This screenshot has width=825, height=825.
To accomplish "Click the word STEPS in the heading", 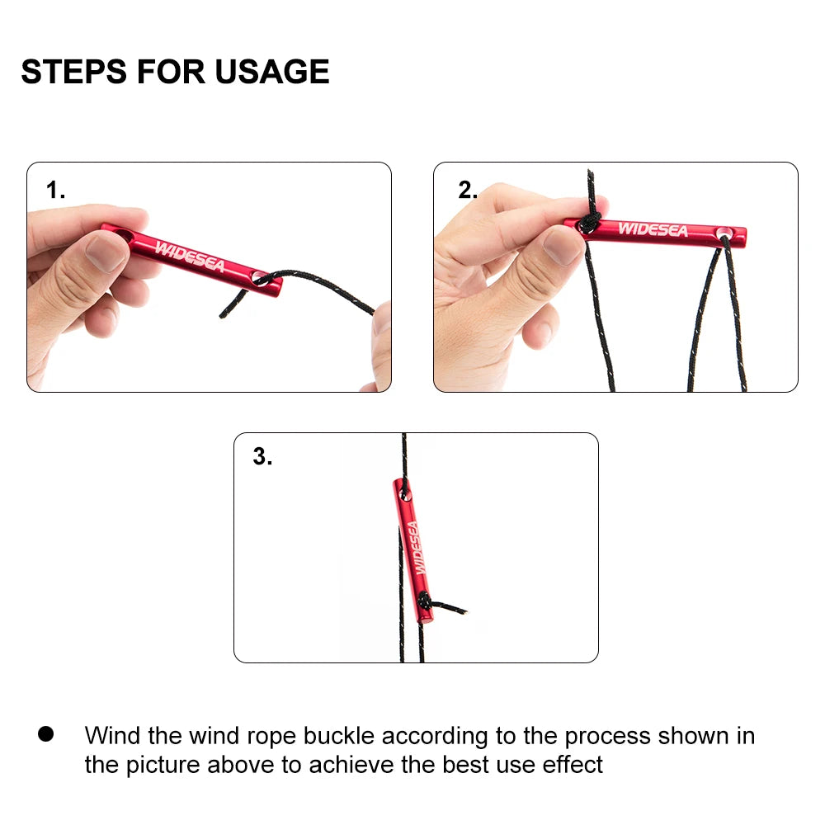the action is [x=73, y=72].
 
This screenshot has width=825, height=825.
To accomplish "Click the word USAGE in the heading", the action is [x=272, y=72].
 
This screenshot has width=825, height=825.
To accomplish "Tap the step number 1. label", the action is [x=55, y=190].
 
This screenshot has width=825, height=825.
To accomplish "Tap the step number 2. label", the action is [x=468, y=190].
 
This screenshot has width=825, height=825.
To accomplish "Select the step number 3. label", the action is [x=262, y=456].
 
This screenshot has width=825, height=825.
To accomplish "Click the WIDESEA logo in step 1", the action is [x=190, y=257].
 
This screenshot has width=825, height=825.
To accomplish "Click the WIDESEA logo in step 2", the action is [x=653, y=229].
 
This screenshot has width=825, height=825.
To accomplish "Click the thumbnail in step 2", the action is [x=563, y=246].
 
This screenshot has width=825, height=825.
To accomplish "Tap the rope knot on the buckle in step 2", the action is [x=589, y=223].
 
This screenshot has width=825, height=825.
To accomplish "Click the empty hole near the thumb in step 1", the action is [x=124, y=235].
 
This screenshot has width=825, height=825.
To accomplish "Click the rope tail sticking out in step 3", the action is [x=447, y=606].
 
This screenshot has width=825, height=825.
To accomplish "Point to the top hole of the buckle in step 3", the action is [x=405, y=493].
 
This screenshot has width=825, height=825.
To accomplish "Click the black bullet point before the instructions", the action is [x=45, y=734].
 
